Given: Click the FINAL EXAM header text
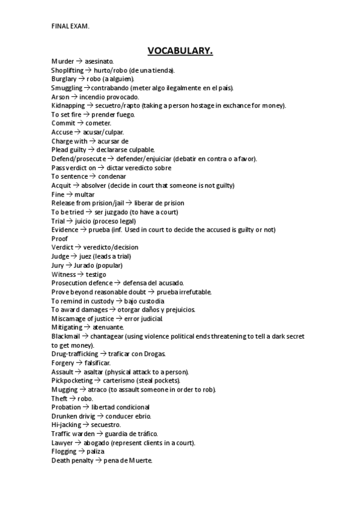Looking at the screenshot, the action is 70,25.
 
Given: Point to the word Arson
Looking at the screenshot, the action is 60,97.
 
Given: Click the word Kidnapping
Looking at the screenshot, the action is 68,105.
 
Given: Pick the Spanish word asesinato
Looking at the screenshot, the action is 99,61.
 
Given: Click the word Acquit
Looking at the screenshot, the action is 61,185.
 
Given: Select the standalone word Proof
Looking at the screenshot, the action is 60,238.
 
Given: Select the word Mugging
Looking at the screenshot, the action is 64,390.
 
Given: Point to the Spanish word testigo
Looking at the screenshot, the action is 96,274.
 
